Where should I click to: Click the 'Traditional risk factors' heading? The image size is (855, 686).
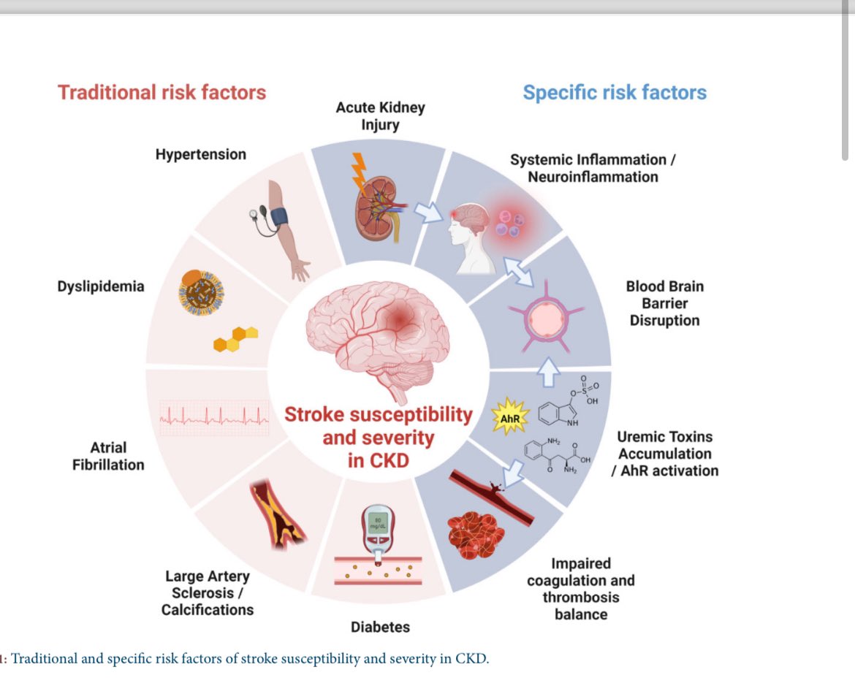click(x=161, y=92)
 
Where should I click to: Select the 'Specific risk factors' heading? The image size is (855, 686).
click(x=615, y=93)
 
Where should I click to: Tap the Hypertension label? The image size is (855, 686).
click(x=201, y=154)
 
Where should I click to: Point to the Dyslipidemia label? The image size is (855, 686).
click(x=101, y=286)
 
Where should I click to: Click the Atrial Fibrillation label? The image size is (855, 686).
click(x=108, y=456)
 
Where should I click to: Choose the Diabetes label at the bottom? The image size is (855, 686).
click(x=380, y=627)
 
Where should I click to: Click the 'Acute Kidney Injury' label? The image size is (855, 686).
click(x=380, y=115)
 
